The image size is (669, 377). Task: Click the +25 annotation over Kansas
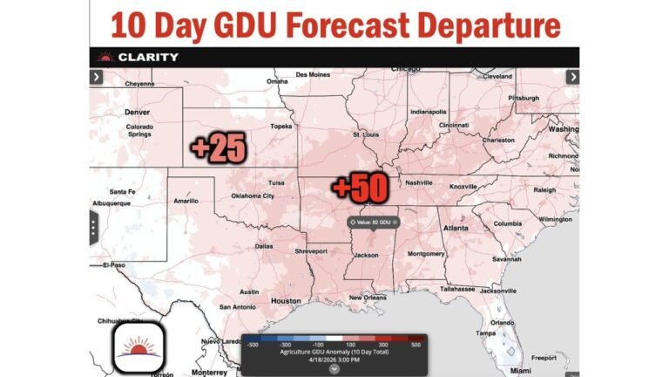click(218, 148)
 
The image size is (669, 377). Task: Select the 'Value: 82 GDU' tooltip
click(373, 222)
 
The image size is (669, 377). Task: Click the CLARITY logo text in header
click(148, 58)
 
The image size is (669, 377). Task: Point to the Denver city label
click(137, 113)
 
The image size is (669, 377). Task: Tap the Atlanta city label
click(455, 229)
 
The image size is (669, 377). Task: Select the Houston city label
click(285, 301)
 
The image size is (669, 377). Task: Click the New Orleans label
click(367, 298)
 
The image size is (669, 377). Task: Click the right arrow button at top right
click(572, 77)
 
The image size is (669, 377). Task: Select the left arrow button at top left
click(96, 77)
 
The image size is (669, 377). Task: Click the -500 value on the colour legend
click(252, 346)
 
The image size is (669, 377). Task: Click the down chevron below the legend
click(334, 368)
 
